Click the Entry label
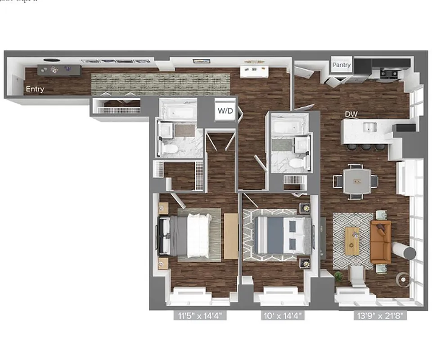pyautogui.click(x=35, y=89)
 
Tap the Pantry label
pyautogui.click(x=341, y=65)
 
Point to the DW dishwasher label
pyautogui.click(x=351, y=114)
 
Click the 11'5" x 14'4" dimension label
pyautogui.click(x=199, y=316)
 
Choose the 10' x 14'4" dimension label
pyautogui.click(x=283, y=316)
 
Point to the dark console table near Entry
pyautogui.click(x=59, y=70)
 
